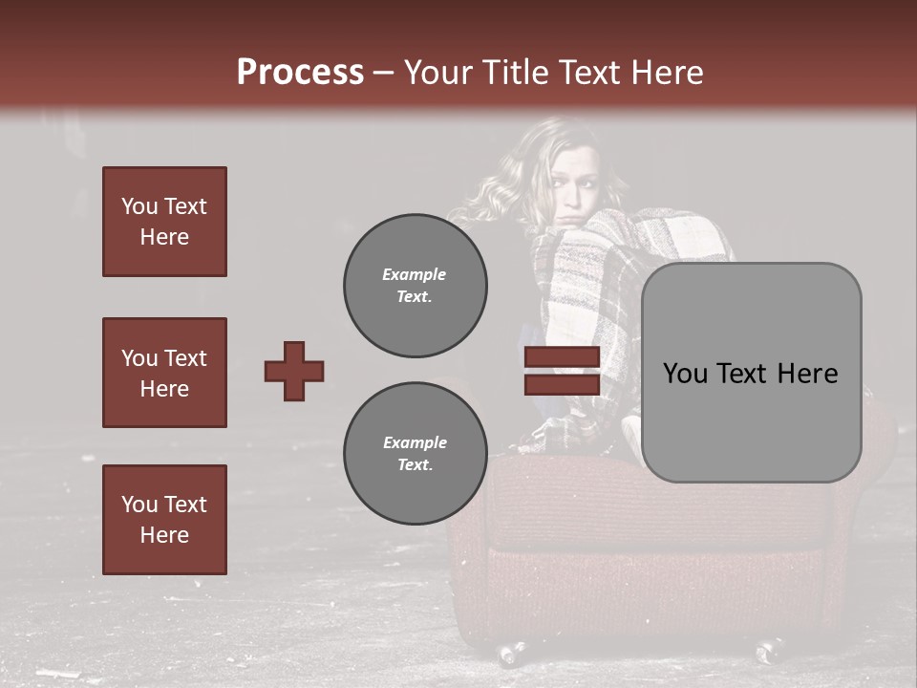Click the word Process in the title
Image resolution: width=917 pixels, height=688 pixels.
tap(300, 73)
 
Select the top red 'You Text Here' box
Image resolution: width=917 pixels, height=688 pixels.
tap(164, 222)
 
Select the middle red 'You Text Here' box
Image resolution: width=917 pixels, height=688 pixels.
tap(164, 373)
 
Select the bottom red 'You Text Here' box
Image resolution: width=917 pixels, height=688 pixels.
tap(164, 520)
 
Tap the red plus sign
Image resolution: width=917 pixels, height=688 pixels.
tap(294, 371)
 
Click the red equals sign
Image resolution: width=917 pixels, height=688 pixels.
tap(562, 371)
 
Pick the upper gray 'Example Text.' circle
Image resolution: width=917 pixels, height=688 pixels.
tap(415, 286)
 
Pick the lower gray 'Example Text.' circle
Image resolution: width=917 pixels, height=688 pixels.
tap(415, 454)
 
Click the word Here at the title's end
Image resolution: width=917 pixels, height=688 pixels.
tap(667, 73)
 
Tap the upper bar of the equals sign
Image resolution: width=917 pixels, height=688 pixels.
tap(562, 357)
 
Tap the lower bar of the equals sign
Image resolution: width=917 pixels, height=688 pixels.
tap(562, 384)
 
